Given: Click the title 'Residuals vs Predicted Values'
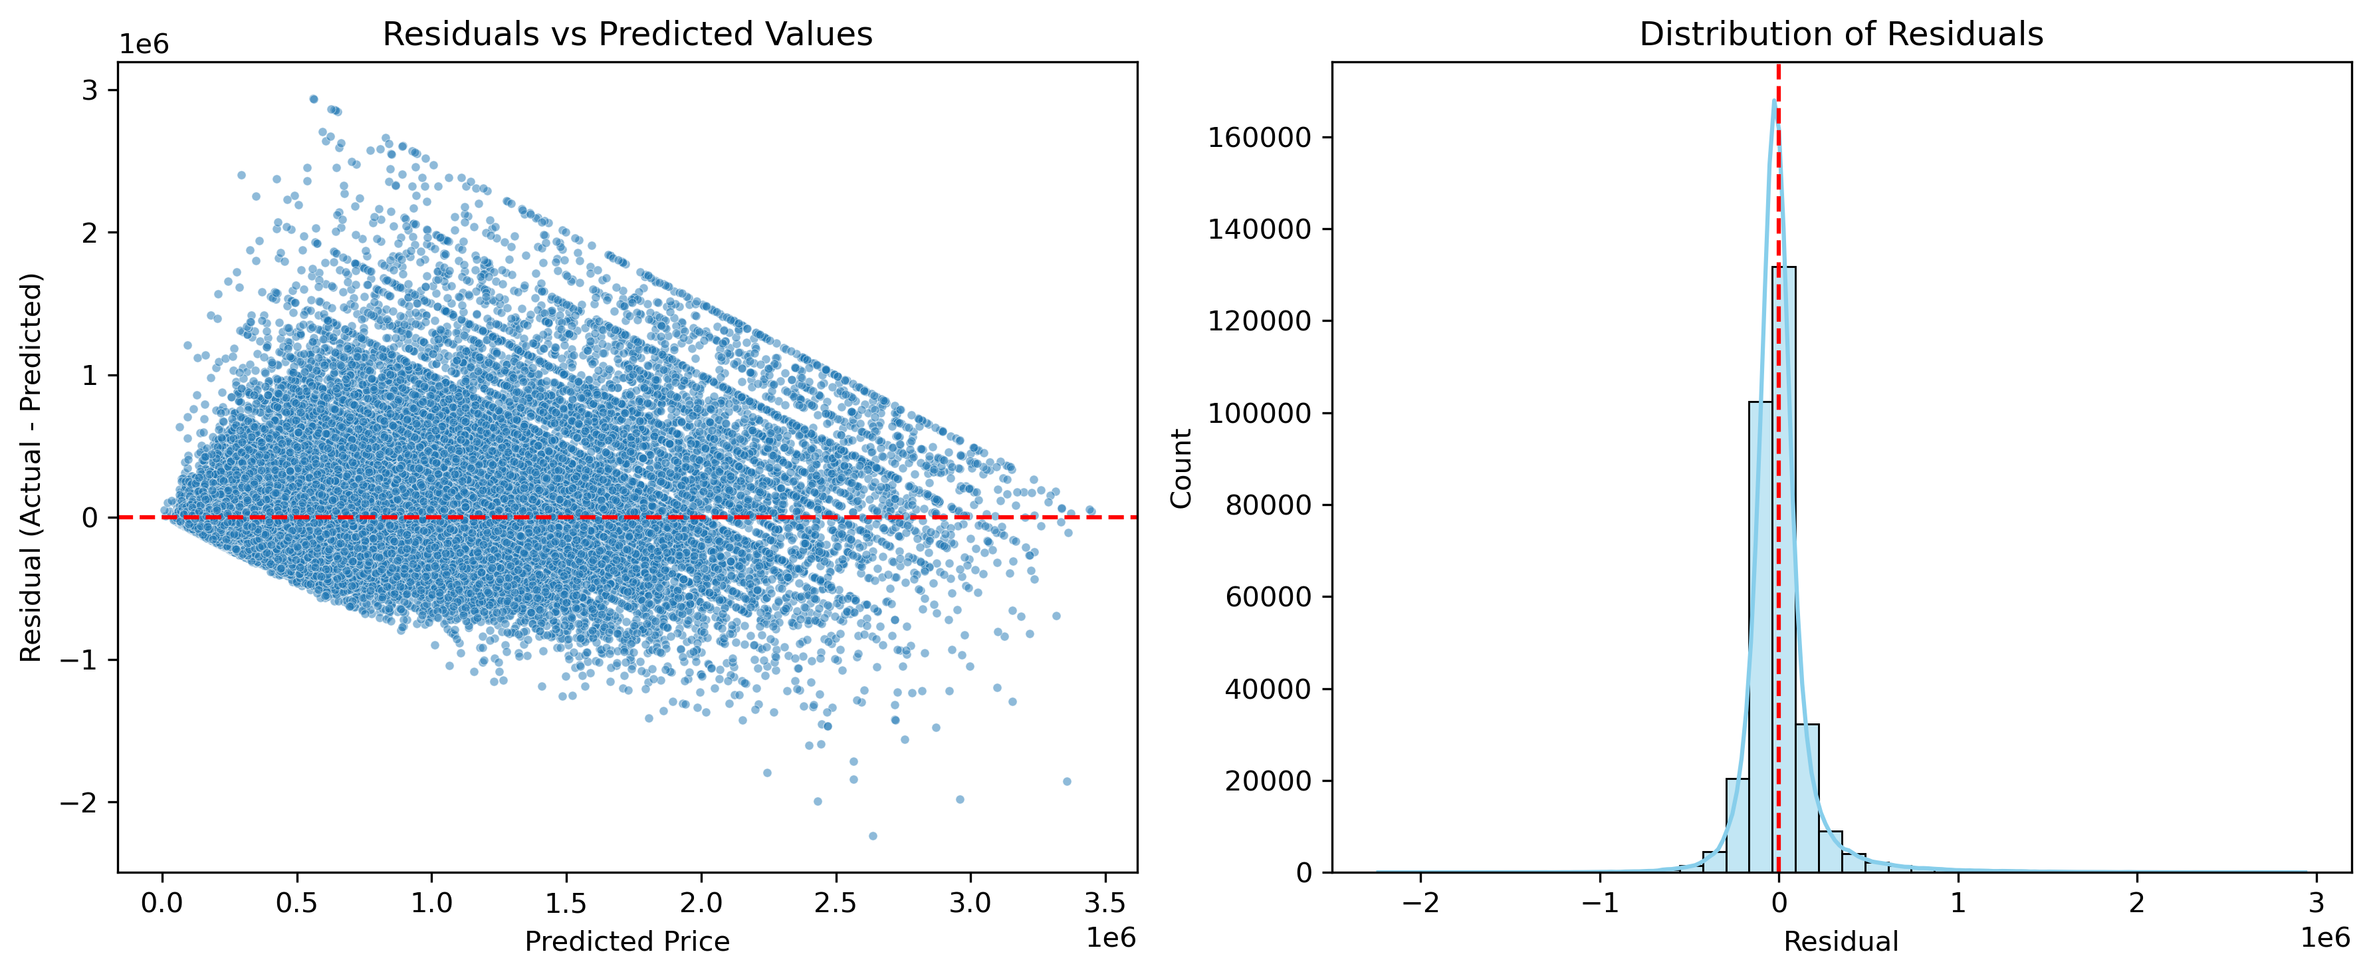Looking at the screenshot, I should tap(627, 34).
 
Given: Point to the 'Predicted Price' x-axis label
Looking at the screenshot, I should tap(627, 941).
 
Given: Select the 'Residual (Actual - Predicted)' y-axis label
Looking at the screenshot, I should tap(31, 467).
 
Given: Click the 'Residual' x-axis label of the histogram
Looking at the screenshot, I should tap(1841, 941).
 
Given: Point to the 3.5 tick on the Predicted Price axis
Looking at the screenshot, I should tap(1105, 902).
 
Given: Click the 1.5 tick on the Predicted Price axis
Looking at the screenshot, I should tap(566, 902).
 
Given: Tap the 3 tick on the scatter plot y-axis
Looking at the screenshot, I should tap(89, 90).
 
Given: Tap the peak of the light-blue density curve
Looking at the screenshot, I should tap(1773, 100).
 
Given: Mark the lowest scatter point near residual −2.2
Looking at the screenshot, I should tap(873, 836).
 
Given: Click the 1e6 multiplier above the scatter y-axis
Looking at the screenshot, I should tap(144, 44).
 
